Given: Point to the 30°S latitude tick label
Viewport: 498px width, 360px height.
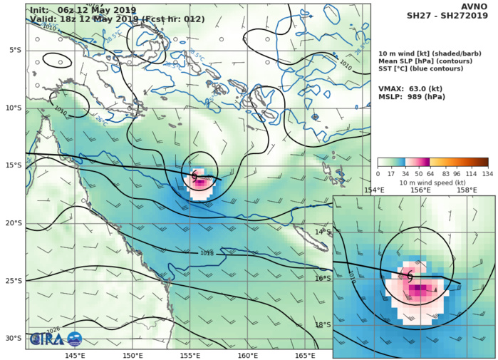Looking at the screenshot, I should pos(13,339).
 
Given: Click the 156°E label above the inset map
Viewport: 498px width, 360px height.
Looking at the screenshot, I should pos(420,190).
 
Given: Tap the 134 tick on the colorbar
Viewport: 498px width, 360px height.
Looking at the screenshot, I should pos(488,173).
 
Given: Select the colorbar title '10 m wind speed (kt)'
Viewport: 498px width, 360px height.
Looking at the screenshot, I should pos(432,182).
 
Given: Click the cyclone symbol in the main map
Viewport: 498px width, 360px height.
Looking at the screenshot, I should pos(194,175).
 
